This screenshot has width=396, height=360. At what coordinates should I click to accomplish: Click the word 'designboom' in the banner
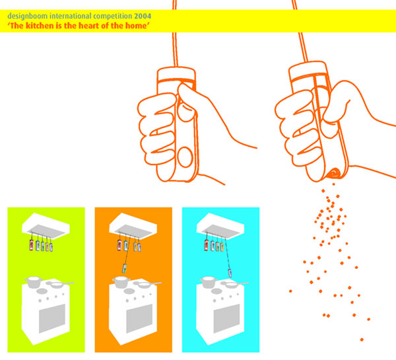(28, 16)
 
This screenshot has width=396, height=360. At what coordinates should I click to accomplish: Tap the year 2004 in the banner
(143, 16)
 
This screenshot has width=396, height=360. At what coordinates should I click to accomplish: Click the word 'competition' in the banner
(113, 16)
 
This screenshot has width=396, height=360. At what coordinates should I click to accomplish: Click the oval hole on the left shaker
(185, 157)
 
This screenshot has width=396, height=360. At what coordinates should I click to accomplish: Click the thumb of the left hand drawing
(186, 103)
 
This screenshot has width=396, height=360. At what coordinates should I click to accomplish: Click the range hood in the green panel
(46, 226)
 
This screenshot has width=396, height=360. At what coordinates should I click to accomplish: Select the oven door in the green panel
(52, 318)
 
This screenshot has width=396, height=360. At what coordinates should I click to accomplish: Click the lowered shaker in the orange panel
(125, 268)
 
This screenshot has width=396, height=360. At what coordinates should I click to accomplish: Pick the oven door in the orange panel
(139, 318)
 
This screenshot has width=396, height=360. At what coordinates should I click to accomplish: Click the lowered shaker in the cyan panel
(230, 273)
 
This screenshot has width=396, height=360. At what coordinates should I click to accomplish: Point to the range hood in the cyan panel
(220, 226)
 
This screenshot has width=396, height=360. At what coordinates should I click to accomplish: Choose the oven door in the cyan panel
(227, 318)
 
